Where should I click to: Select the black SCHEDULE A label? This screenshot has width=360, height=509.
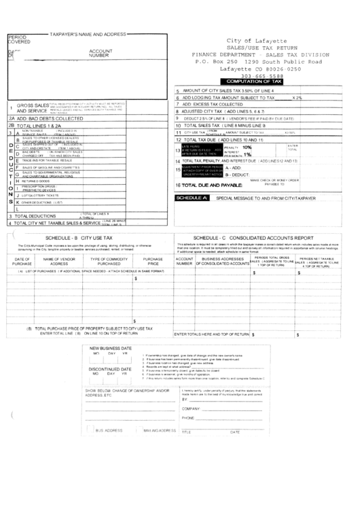pos(191,197)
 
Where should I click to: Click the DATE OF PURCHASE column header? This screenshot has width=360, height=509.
pos(21,262)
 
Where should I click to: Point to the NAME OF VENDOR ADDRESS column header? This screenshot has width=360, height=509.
pos(59,262)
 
